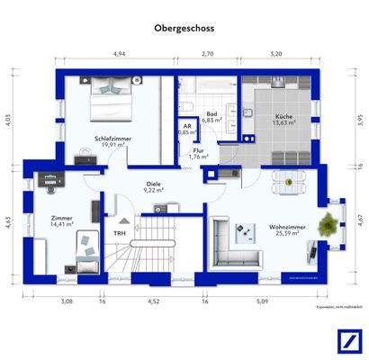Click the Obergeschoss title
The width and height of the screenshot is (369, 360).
[x=184, y=28]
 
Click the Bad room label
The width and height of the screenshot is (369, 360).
[x=211, y=115]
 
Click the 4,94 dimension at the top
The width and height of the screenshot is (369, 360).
[x=117, y=55]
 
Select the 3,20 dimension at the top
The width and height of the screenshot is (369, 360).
[x=275, y=55]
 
